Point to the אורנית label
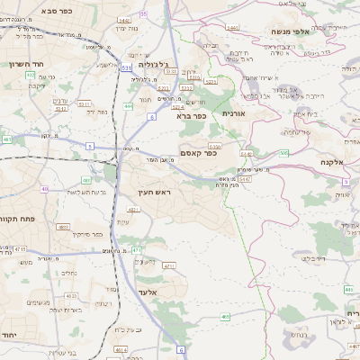[233, 113]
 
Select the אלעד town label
[148, 292]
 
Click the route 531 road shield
[126, 67]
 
